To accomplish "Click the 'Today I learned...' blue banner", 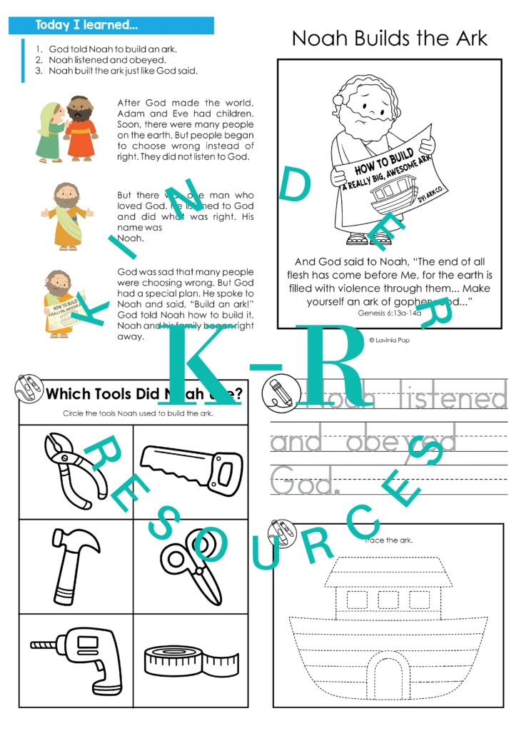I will coord(111,26).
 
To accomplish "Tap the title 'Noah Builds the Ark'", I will coord(389,39).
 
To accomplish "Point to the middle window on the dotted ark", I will coord(388,600).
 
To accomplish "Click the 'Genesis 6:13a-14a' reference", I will coord(389,313).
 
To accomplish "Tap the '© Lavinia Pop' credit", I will coord(389,341).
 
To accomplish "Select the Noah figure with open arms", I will coord(66,216).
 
